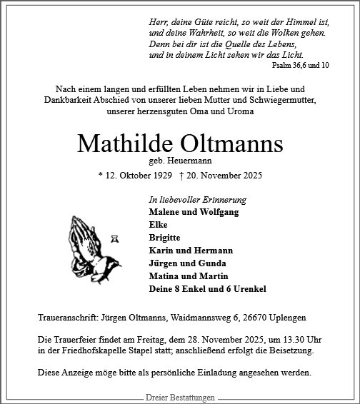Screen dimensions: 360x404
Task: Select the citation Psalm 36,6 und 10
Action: click(300, 65)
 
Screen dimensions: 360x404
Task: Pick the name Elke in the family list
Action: click(158, 225)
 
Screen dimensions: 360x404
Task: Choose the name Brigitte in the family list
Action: click(165, 238)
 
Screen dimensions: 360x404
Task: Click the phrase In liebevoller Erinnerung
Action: click(192, 200)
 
